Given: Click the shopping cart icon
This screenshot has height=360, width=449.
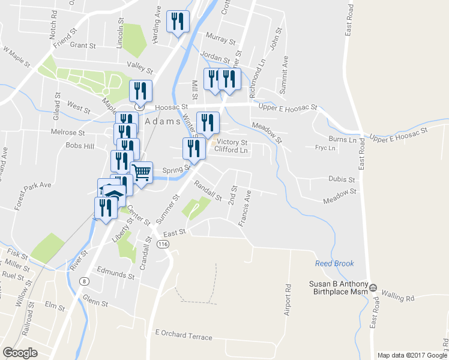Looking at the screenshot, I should (142, 173).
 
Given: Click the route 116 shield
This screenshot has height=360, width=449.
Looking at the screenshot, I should (163, 245).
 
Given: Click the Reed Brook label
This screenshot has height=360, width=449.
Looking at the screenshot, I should (334, 263).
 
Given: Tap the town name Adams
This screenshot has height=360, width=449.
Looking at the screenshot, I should (163, 121).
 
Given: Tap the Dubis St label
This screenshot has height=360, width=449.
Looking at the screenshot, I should (343, 179).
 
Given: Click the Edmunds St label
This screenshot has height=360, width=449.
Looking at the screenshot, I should (115, 276).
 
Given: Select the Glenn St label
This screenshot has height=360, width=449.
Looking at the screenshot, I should (95, 303).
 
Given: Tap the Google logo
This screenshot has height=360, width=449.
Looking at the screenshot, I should (20, 353).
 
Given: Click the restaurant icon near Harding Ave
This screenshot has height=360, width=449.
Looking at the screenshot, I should (178, 22).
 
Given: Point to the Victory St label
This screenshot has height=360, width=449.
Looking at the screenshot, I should (232, 142).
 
